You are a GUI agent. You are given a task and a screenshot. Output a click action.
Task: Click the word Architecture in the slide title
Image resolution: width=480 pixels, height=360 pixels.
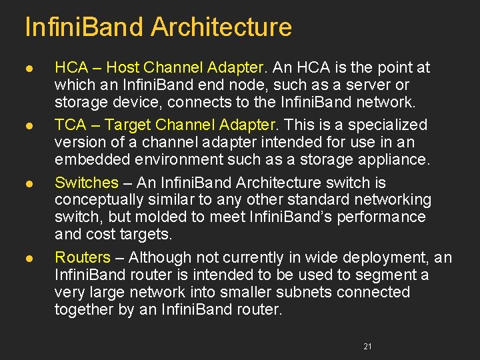point(221,27)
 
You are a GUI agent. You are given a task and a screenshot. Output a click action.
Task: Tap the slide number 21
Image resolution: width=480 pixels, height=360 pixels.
point(367,346)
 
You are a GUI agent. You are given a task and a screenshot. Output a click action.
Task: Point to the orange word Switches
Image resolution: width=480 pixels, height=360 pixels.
point(86,183)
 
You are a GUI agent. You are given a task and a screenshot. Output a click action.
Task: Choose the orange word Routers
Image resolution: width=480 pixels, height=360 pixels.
point(83,257)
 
